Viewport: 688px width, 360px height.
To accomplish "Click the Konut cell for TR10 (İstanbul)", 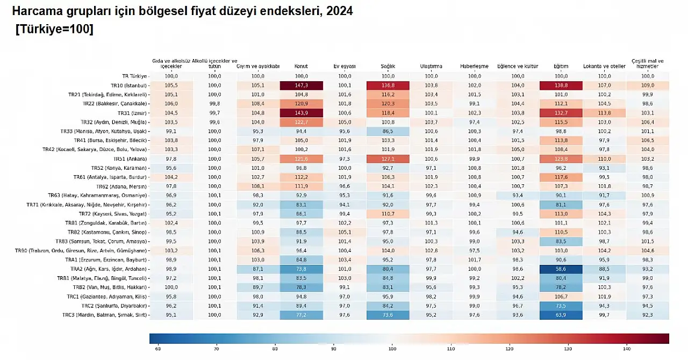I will [301, 85].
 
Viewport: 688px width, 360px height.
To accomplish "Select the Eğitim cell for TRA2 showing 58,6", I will [561, 269].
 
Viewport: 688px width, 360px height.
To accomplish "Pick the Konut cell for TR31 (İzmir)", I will [301, 113].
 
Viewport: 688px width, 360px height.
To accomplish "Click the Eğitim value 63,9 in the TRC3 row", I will [561, 315].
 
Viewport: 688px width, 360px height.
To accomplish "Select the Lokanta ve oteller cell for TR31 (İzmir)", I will [604, 113].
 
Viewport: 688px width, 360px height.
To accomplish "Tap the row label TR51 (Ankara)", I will [130, 159].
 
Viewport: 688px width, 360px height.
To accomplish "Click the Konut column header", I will [301, 67].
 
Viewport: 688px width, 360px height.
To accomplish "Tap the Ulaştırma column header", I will [431, 67].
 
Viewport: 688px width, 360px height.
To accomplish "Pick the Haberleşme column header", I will [474, 67].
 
